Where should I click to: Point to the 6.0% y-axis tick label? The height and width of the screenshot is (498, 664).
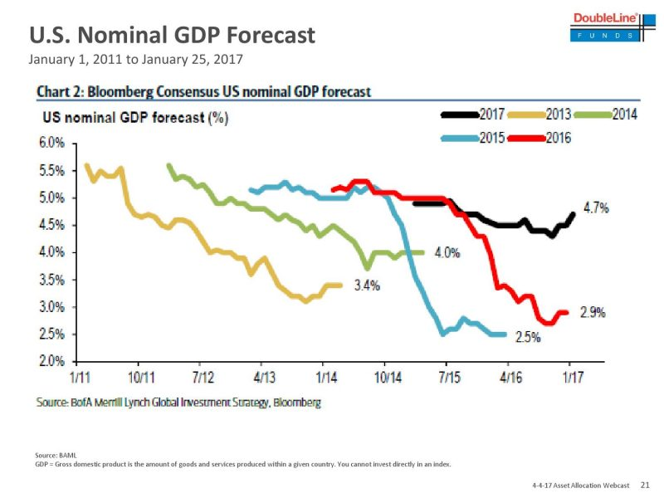coord(51,144)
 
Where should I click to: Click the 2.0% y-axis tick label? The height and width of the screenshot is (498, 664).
coord(51,362)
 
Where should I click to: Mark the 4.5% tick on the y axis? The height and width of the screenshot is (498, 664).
coord(51,225)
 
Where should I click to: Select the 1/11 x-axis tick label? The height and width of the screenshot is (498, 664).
coord(80,378)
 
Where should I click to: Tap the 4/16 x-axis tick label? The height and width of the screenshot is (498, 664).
coord(509,378)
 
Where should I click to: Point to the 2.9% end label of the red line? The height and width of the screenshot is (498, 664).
coord(592,313)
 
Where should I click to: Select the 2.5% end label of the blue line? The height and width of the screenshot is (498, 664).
coord(527,337)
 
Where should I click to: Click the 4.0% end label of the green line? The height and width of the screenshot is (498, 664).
coord(447,253)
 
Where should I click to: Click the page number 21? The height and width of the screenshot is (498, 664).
coord(646,483)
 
